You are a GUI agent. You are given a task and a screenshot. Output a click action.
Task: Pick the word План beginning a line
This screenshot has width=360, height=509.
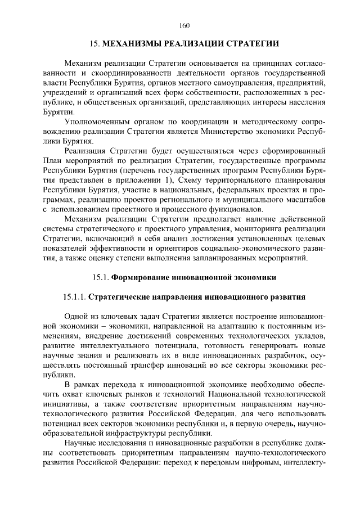click(53, 161)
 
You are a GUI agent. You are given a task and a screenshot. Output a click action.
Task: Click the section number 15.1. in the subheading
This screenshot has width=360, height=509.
click(100, 277)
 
